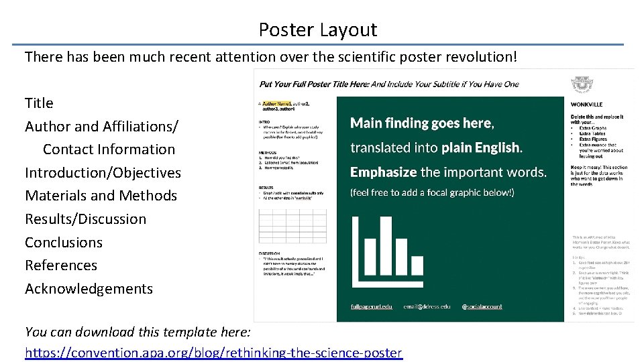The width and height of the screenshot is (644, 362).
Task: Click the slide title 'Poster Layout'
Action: [x=318, y=30]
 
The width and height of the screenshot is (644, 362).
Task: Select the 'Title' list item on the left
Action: [x=39, y=103]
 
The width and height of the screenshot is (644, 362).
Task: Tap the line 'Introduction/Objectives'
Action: [x=103, y=173]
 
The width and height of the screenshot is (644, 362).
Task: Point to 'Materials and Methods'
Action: [x=101, y=196]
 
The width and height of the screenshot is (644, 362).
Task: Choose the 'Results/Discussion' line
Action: [x=85, y=219]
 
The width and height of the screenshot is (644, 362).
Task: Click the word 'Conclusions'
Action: [x=64, y=243]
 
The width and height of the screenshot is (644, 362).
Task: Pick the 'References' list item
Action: [x=61, y=265]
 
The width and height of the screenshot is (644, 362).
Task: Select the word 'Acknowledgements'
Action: [x=89, y=289]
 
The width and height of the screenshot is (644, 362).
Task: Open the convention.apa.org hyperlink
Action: [x=213, y=353]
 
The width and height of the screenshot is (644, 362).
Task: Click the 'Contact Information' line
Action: [x=109, y=149]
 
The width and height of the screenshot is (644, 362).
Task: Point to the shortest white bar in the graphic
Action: [x=417, y=266]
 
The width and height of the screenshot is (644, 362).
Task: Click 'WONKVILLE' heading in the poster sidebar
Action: [x=586, y=105]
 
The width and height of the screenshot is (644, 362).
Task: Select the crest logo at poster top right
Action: [x=580, y=84]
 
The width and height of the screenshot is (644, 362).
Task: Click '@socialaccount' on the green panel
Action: [x=482, y=306]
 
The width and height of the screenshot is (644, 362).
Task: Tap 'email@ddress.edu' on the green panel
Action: [x=427, y=306]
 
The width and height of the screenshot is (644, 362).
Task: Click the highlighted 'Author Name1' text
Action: [x=276, y=104]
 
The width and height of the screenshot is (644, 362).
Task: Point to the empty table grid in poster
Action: [x=293, y=226]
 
